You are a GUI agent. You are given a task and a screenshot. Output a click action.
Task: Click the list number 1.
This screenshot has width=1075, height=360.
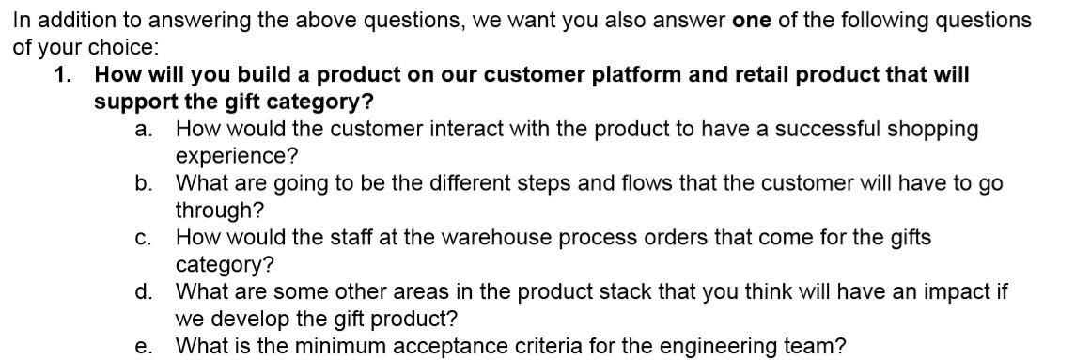coord(62,74)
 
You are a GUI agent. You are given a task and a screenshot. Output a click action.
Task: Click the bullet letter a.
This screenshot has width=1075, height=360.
coord(143,129)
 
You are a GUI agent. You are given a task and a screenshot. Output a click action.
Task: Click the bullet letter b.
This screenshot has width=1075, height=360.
coord(143,183)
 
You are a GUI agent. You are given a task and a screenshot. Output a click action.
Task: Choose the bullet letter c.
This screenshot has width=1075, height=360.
coord(143,238)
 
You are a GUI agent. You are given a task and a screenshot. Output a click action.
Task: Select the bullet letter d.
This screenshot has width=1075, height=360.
coord(143,292)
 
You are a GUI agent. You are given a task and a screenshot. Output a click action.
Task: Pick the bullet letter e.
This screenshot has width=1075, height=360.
coord(143,347)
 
